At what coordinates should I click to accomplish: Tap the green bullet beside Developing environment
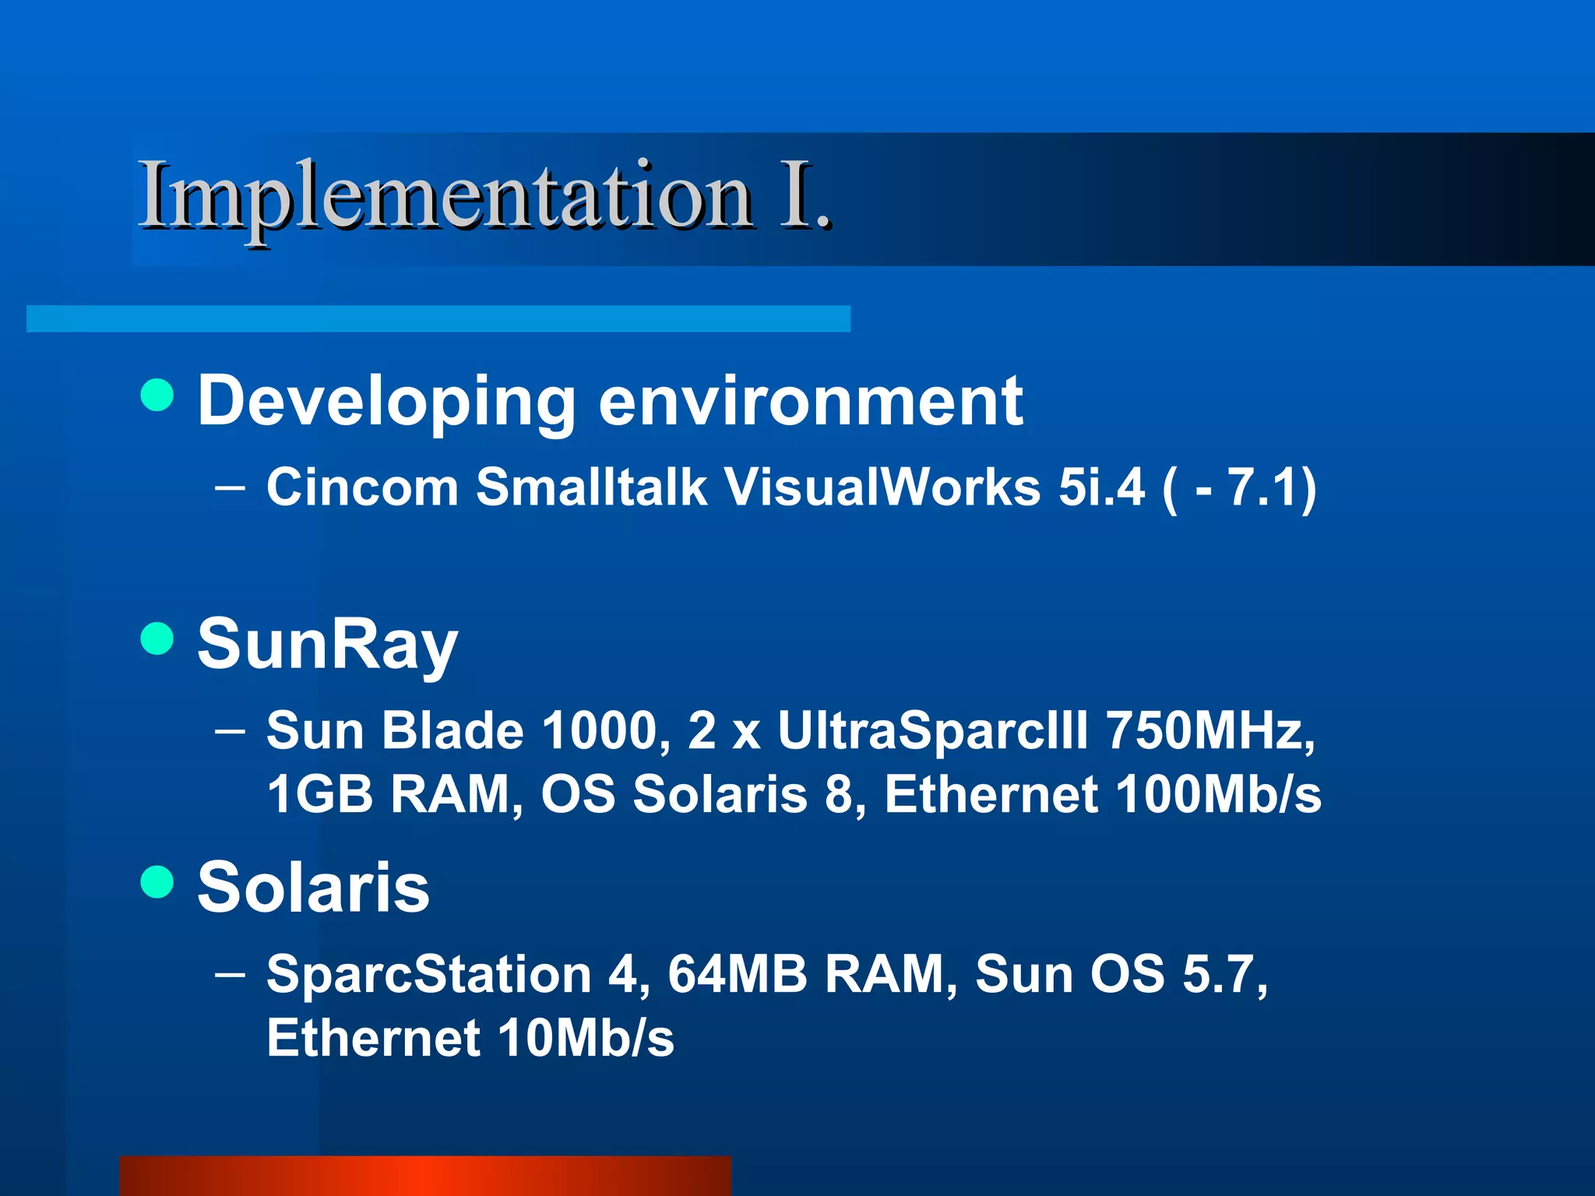pos(157,395)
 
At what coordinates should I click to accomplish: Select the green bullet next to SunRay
pos(157,638)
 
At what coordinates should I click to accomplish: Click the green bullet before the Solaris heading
pos(157,882)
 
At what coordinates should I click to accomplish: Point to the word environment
pos(810,401)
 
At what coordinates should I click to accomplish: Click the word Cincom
pos(362,488)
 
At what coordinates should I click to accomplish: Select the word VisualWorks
pos(882,488)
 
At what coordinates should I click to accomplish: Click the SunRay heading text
pos(327,645)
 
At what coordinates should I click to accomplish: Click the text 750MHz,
pos(1210,731)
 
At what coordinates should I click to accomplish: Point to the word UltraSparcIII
pos(932,731)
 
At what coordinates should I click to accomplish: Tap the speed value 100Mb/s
pos(1218,795)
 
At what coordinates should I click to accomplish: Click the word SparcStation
pos(429,975)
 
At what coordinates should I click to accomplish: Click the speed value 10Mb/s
pos(586,1039)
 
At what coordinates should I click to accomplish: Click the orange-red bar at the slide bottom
pos(425,1176)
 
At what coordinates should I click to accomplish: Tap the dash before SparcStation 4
pos(230,974)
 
